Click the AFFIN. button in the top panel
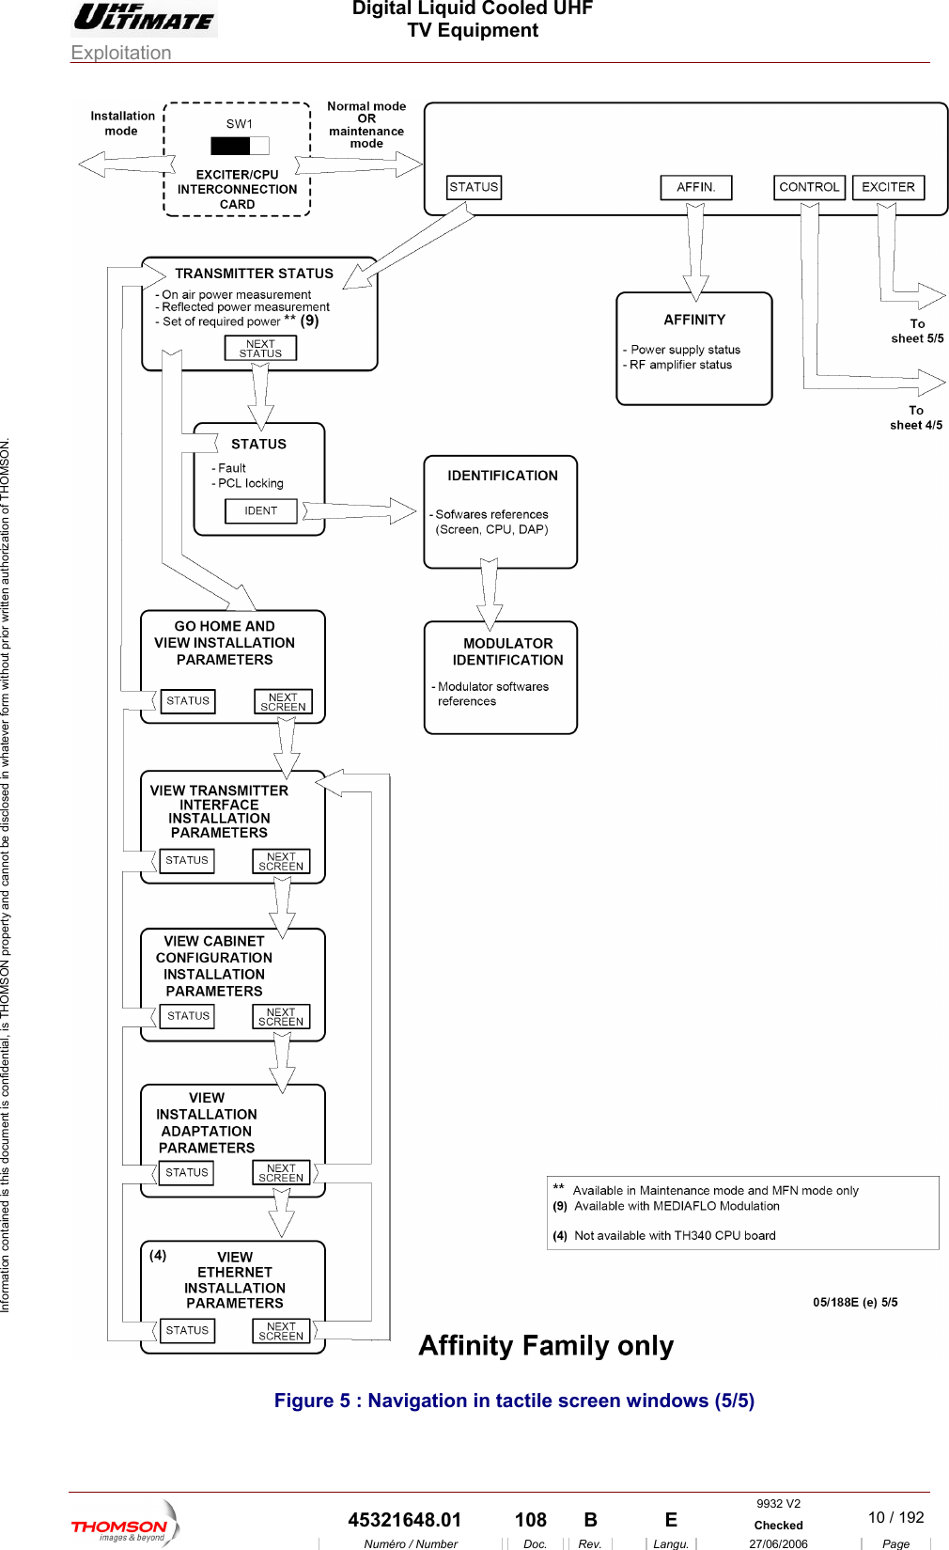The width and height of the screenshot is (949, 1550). click(x=696, y=187)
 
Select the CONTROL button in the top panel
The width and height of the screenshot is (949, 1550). click(x=809, y=187)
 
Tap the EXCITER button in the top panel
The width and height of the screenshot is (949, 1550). click(x=888, y=187)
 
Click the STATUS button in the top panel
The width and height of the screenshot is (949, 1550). click(x=474, y=187)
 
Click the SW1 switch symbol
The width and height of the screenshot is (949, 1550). click(x=240, y=146)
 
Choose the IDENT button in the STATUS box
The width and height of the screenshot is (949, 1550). click(x=261, y=511)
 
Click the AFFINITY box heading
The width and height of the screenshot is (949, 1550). click(x=694, y=320)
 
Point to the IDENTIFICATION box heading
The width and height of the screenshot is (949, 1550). click(x=503, y=476)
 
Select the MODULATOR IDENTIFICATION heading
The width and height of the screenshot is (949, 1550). click(x=507, y=651)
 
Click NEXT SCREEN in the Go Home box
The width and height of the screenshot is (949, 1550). click(x=283, y=702)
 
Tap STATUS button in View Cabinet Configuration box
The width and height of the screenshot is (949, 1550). click(x=188, y=1016)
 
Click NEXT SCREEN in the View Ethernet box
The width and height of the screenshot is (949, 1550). click(x=281, y=1331)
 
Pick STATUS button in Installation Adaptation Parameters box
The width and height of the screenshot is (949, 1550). click(x=187, y=1173)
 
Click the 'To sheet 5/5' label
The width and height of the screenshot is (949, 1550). click(x=917, y=331)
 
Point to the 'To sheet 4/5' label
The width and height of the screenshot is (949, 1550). click(x=916, y=417)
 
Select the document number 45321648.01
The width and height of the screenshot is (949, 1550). click(x=405, y=1520)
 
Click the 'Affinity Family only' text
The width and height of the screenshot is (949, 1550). click(x=546, y=1346)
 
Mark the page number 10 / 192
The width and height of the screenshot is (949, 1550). click(x=895, y=1517)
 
